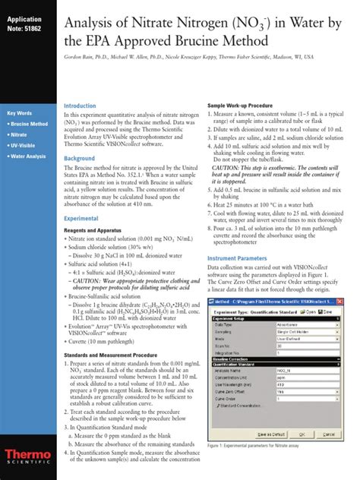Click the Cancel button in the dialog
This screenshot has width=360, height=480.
[x=335, y=454]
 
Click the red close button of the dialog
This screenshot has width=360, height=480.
[x=351, y=303]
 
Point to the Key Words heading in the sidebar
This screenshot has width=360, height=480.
[x=22, y=112]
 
